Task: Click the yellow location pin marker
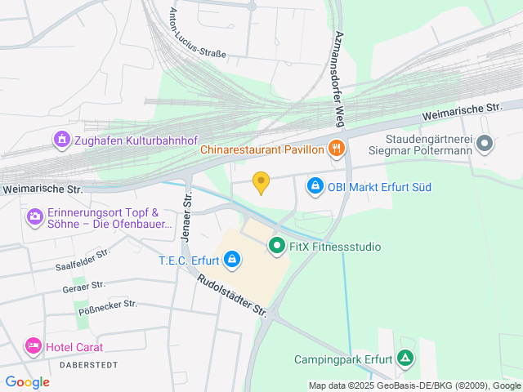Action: (261, 183)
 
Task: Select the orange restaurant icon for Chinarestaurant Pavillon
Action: (335, 149)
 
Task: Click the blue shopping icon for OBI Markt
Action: (315, 187)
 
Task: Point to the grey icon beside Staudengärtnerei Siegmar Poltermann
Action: (485, 144)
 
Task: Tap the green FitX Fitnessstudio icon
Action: (276, 245)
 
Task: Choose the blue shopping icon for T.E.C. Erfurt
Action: (233, 261)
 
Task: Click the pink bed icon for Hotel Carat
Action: (34, 345)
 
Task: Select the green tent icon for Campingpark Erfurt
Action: (405, 359)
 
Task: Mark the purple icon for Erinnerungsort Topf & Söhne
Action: (35, 216)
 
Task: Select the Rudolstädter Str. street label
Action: (232, 295)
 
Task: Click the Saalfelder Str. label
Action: (83, 261)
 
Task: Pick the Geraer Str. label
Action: (83, 286)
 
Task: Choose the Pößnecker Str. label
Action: (108, 308)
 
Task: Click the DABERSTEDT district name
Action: (89, 364)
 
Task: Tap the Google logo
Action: (27, 381)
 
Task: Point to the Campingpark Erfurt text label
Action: (343, 359)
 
